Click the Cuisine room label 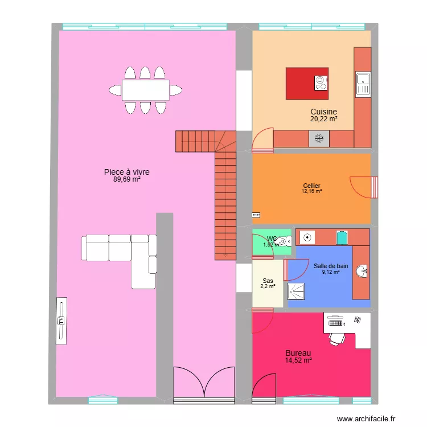pyautogui.click(x=323, y=112)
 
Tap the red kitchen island pyautogui.click(x=307, y=84)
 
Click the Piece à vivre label pyautogui.click(x=126, y=171)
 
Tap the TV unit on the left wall pyautogui.click(x=61, y=320)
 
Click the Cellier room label pyautogui.click(x=311, y=186)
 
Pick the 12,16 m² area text pyautogui.click(x=311, y=192)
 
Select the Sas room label pyautogui.click(x=268, y=281)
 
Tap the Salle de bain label pyautogui.click(x=330, y=266)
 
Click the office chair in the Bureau pyautogui.click(x=336, y=338)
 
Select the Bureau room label pyautogui.click(x=298, y=354)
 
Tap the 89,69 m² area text pyautogui.click(x=126, y=179)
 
